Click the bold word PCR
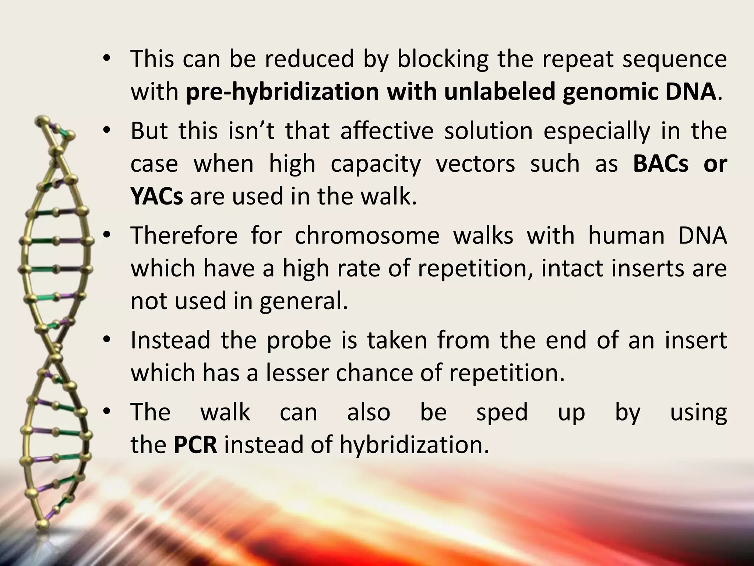[195, 445]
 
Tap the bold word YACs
[156, 196]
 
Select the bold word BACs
[660, 164]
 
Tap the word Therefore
[184, 235]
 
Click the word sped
[502, 412]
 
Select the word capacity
[376, 164]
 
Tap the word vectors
[476, 164]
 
